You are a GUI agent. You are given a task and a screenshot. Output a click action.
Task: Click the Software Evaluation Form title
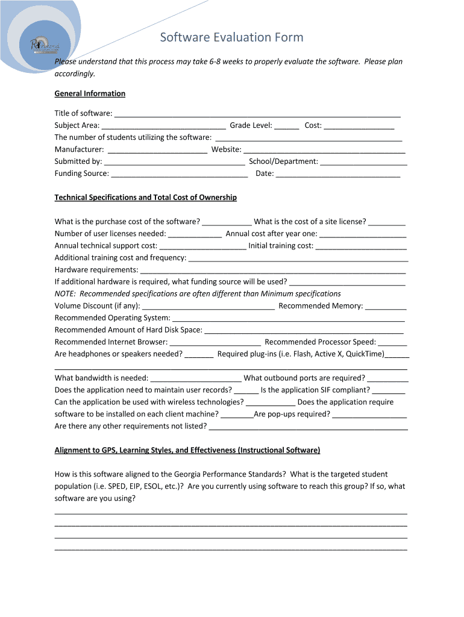coord(231,38)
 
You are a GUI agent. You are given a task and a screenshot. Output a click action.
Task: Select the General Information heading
coord(90,93)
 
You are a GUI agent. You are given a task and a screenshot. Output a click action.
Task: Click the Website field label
coord(226,149)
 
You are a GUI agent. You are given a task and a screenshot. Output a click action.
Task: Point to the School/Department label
coord(283,161)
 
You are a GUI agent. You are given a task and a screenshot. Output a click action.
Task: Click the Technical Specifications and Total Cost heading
coord(145,198)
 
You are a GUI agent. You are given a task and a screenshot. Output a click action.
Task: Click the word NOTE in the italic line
coord(65,294)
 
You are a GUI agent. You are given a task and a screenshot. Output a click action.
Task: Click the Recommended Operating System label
coord(112,318)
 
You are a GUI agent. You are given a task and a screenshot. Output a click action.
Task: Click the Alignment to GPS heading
coord(187,451)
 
